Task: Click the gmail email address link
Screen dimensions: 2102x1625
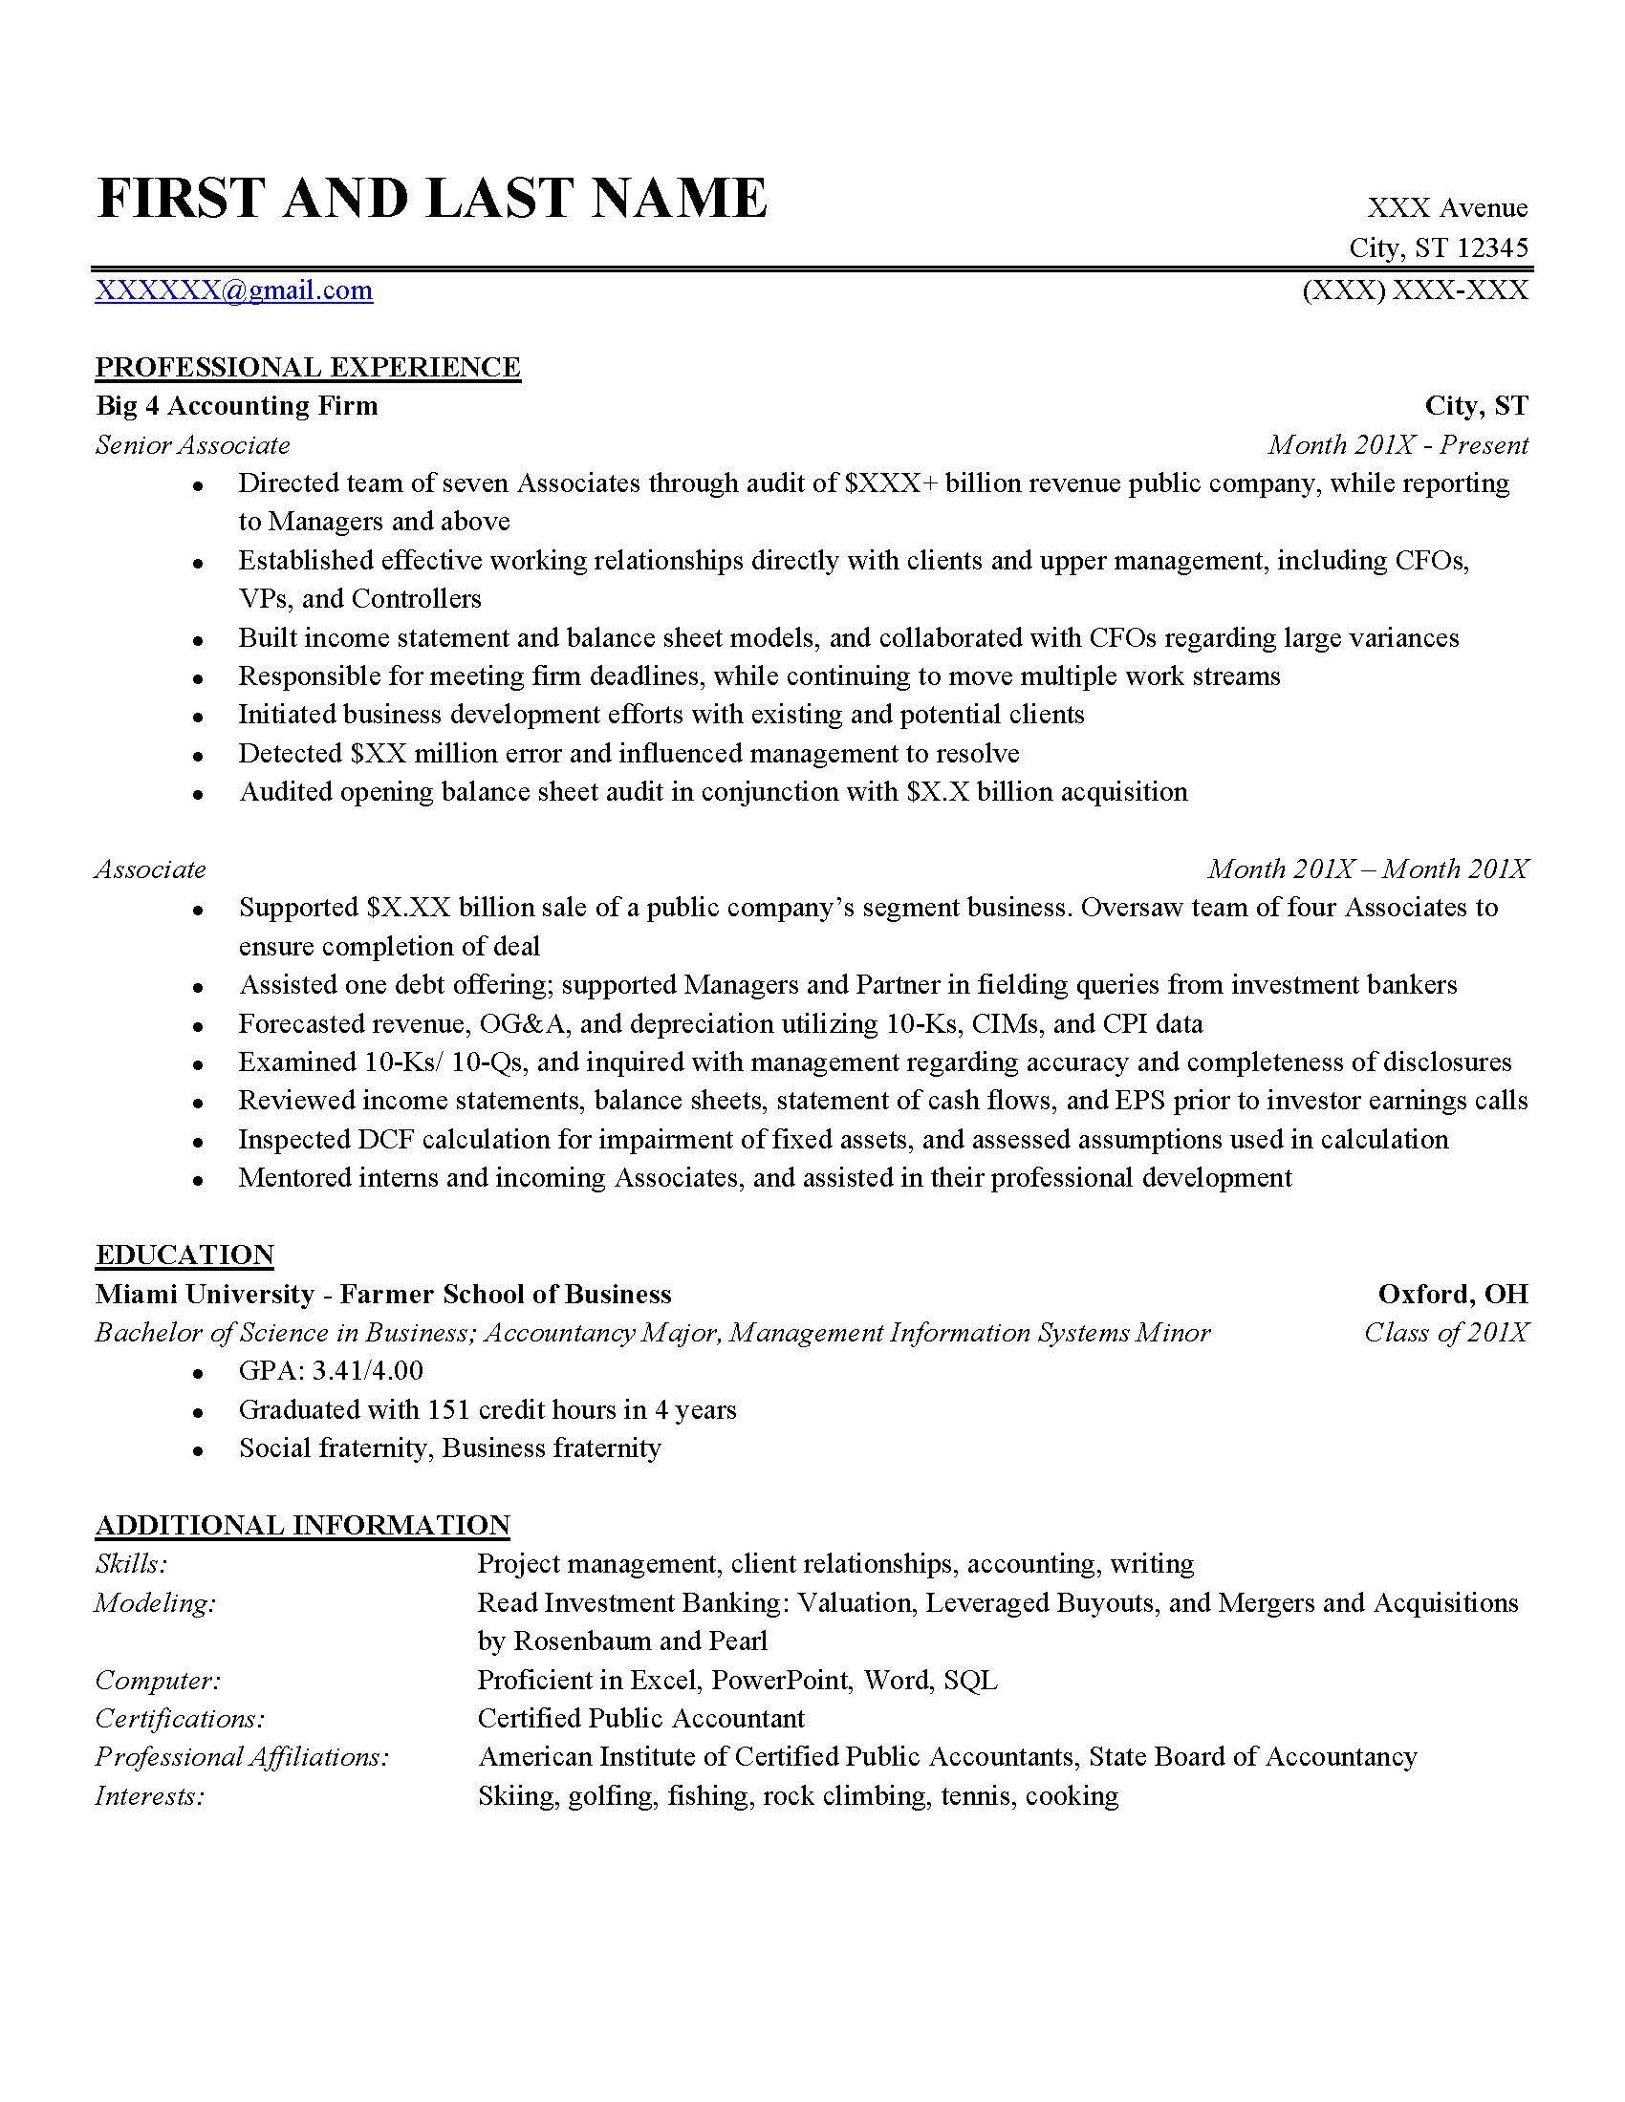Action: [x=234, y=290]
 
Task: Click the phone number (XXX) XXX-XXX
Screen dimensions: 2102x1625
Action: [x=1414, y=290]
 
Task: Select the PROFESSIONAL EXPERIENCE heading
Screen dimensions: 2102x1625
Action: [x=308, y=368]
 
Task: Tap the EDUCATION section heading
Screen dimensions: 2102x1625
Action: [x=184, y=1255]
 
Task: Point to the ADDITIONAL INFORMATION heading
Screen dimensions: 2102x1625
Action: [x=302, y=1526]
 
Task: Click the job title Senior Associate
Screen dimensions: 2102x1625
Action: [x=192, y=444]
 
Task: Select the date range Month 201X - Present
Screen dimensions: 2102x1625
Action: [x=1397, y=444]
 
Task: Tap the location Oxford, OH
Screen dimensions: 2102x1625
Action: [x=1453, y=1294]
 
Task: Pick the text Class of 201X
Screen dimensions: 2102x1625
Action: [x=1446, y=1333]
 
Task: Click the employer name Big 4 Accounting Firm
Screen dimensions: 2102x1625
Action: [x=237, y=406]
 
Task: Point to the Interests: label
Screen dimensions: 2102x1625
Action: [x=150, y=1796]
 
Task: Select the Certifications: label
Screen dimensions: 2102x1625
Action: [x=180, y=1719]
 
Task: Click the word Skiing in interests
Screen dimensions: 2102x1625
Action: [x=516, y=1796]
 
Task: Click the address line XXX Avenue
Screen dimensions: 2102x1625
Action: [x=1447, y=208]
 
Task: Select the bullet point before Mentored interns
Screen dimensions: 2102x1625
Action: [x=197, y=1180]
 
